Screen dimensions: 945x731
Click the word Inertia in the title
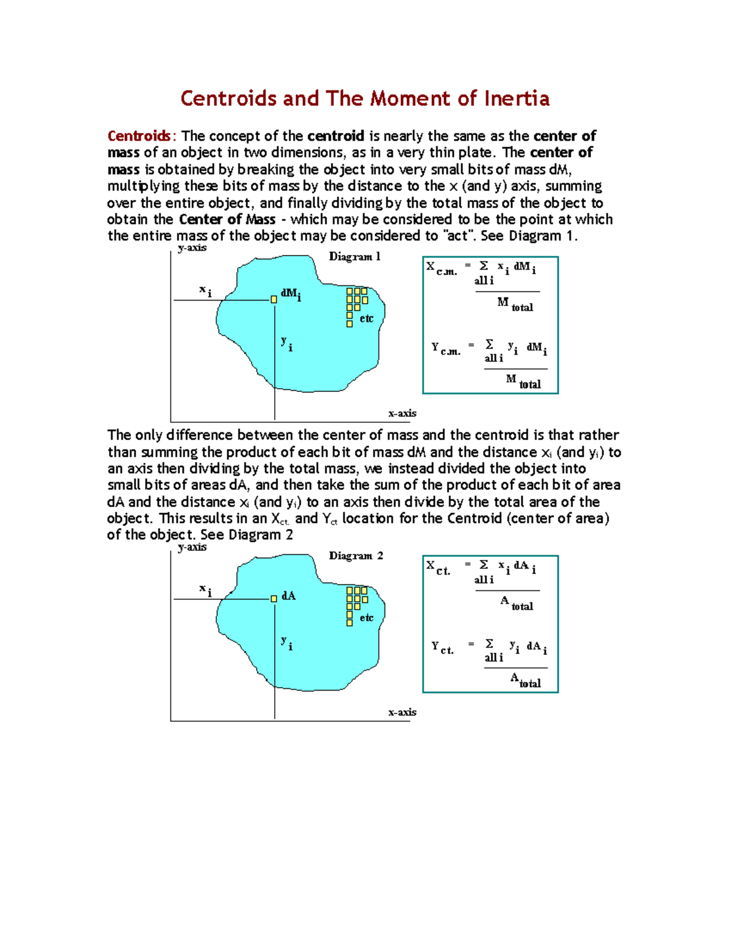pyautogui.click(x=517, y=99)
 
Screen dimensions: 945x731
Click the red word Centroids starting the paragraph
pyautogui.click(x=139, y=136)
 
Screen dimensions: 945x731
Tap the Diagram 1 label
pyautogui.click(x=355, y=257)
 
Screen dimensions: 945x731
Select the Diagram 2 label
pyautogui.click(x=356, y=556)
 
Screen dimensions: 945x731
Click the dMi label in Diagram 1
pyautogui.click(x=291, y=295)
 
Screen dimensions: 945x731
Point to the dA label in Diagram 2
pyautogui.click(x=288, y=596)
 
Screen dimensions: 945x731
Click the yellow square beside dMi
pyautogui.click(x=274, y=299)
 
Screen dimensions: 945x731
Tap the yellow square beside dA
pyautogui.click(x=274, y=599)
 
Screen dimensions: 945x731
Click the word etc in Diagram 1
pyautogui.click(x=366, y=319)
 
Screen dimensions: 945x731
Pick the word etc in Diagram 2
pyautogui.click(x=366, y=618)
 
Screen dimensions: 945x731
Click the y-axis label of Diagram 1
pyautogui.click(x=192, y=248)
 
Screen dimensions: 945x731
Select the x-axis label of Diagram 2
pyautogui.click(x=402, y=712)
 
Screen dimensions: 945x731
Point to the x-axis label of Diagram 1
pyautogui.click(x=402, y=413)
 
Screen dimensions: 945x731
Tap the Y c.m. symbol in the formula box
pyautogui.click(x=445, y=349)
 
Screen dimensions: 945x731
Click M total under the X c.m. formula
pyautogui.click(x=515, y=304)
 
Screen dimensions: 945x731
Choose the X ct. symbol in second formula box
pyautogui.click(x=438, y=568)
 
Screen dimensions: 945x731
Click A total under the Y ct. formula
pyautogui.click(x=525, y=680)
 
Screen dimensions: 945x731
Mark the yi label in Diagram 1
pyautogui.click(x=286, y=344)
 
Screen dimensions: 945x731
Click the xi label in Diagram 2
pyautogui.click(x=205, y=590)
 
